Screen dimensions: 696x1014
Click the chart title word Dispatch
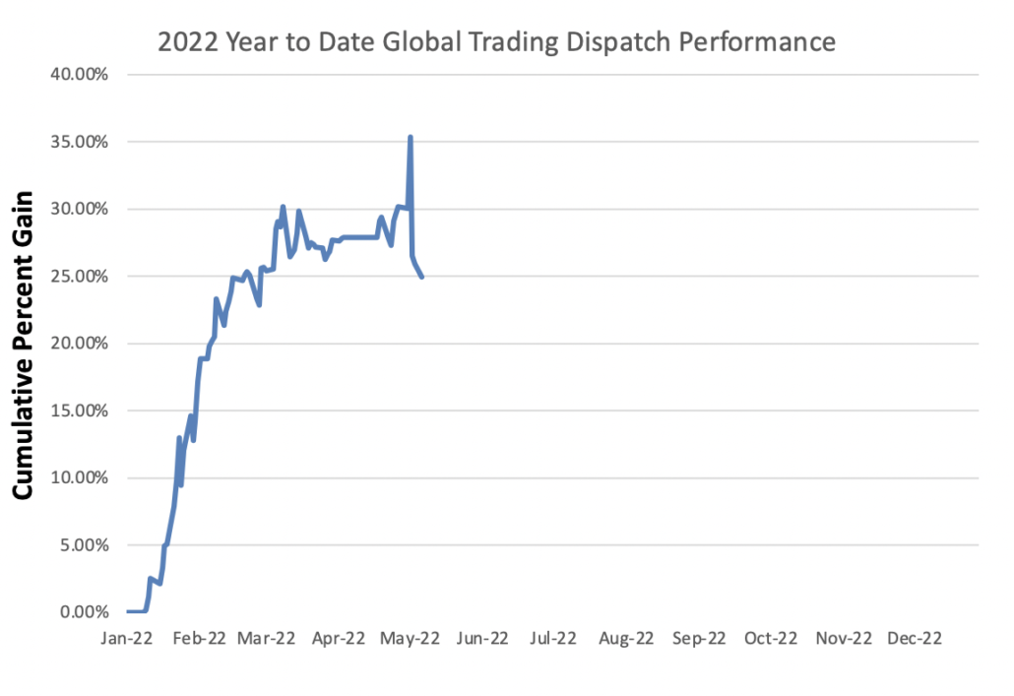point(605,41)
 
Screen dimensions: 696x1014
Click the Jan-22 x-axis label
point(127,638)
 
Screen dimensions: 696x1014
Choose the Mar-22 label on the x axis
point(268,638)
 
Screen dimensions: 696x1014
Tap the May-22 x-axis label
point(410,638)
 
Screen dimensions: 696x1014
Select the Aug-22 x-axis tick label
point(626,638)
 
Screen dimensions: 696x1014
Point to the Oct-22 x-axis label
point(770,638)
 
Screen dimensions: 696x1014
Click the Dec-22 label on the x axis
point(915,638)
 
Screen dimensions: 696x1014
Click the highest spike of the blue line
point(410,138)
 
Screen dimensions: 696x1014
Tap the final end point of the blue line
point(422,277)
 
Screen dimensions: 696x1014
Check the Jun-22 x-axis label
point(482,638)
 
